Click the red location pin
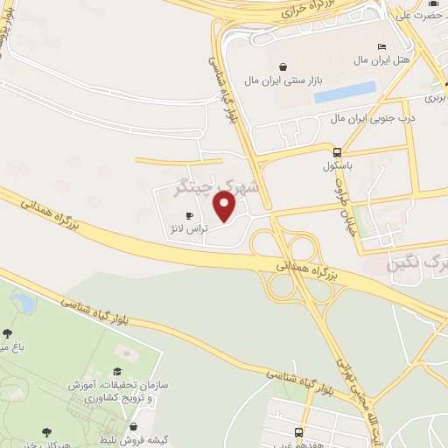pos(226,207)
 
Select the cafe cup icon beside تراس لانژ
pos(188,215)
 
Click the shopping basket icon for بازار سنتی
pos(283,66)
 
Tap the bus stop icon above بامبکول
pos(336,151)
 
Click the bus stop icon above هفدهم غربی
pos(299,432)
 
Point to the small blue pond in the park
pos(24,304)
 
